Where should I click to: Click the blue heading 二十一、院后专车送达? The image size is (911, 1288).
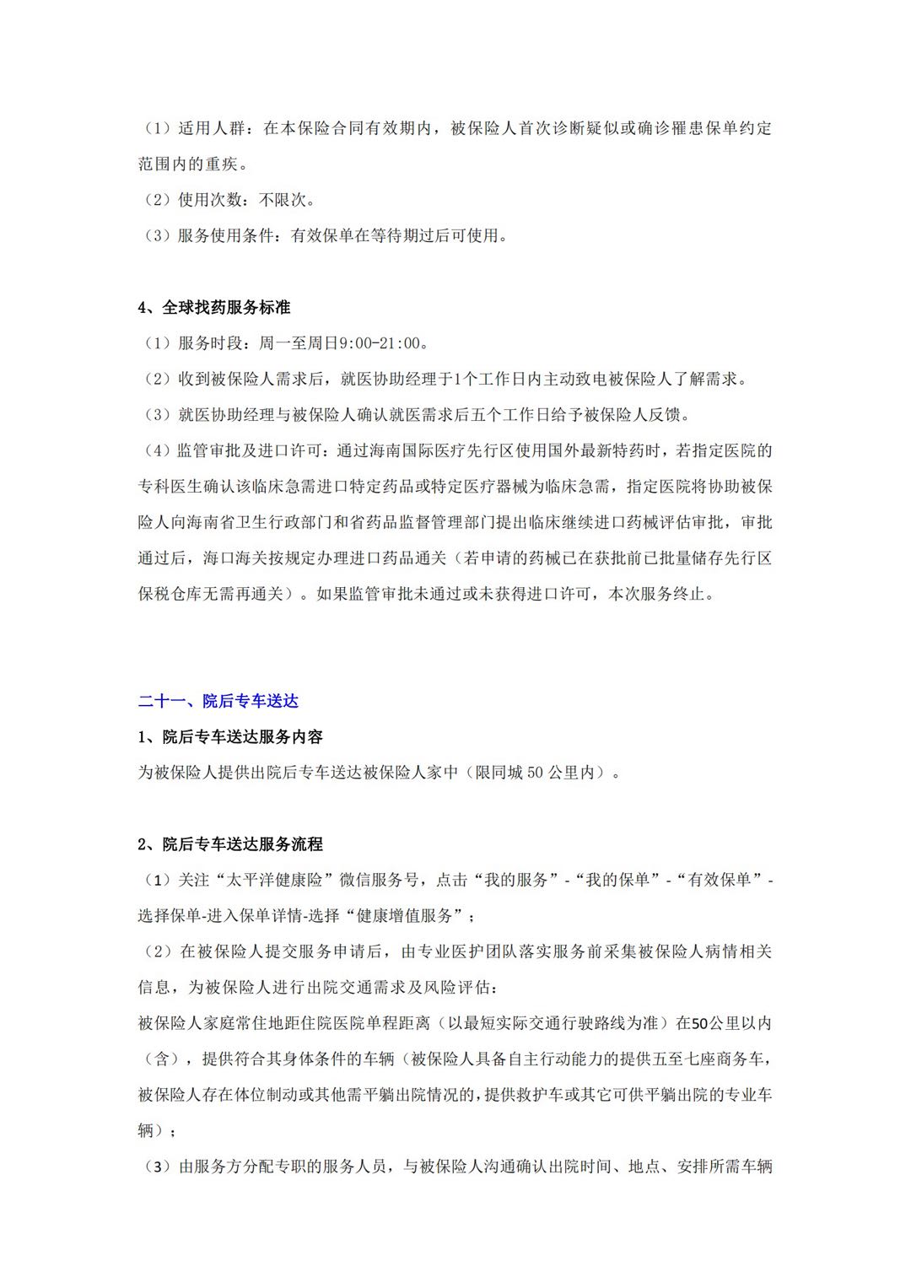tap(218, 701)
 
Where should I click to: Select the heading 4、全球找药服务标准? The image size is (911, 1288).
tap(214, 308)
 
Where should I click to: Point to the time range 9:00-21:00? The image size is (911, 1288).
tap(379, 343)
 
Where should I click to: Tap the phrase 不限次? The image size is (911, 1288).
tap(286, 200)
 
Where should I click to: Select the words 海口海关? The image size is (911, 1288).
tap(237, 558)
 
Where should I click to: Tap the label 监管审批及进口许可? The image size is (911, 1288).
tap(251, 450)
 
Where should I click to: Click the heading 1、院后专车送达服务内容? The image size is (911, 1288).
tap(230, 736)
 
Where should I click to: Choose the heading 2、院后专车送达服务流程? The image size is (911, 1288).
tap(230, 844)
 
